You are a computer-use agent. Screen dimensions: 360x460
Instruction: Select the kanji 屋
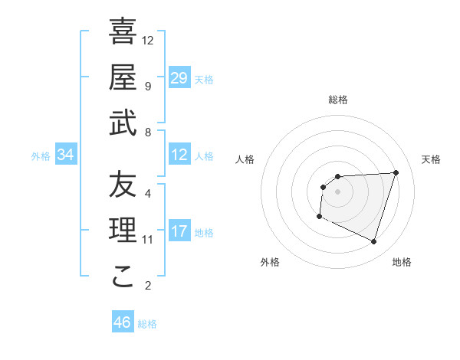point(123,77)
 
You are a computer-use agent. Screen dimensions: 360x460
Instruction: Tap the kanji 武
point(123,124)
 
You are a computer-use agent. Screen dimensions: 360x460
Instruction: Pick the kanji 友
point(123,185)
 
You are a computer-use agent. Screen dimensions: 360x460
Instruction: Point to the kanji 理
point(123,231)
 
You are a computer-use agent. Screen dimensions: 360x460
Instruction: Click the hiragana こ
point(123,277)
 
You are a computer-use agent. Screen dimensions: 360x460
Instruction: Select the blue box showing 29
point(179,77)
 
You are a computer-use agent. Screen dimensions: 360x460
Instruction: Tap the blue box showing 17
point(179,231)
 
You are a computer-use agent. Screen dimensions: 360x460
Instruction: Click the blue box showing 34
point(66,155)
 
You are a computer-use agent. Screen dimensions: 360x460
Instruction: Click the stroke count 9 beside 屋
point(148,86)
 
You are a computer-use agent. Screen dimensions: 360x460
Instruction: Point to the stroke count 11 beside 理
point(148,240)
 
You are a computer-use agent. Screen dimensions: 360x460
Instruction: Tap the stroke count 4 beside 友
point(148,193)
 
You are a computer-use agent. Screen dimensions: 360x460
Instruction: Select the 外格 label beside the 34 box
point(41,156)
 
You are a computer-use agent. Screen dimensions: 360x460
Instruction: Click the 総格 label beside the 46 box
point(147,324)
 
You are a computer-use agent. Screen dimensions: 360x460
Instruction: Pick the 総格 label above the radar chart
point(338,100)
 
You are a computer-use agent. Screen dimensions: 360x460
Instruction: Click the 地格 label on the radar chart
point(402,262)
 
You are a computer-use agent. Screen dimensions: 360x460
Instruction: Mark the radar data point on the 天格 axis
point(396,172)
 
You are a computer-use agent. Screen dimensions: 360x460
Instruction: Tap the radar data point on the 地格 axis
point(373,242)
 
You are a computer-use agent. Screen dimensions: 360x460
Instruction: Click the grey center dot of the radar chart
point(337,191)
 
